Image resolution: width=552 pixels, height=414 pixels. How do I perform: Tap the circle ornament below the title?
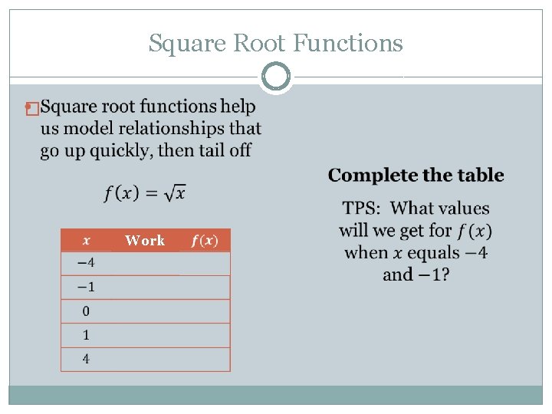[276, 77]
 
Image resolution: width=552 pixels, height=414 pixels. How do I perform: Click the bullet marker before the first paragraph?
[31, 109]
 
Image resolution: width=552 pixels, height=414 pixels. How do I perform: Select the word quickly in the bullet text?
[122, 149]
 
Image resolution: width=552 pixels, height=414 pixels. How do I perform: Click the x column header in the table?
[85, 240]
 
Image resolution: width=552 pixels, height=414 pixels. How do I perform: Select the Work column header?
[145, 240]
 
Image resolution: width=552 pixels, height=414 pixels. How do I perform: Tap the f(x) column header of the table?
[205, 240]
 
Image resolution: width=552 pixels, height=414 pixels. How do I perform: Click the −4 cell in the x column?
[86, 263]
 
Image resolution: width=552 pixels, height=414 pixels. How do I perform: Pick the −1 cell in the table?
[86, 287]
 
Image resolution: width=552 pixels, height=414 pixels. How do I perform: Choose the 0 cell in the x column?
[86, 310]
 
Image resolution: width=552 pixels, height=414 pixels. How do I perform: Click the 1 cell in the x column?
[86, 334]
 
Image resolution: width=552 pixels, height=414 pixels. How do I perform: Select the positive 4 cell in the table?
[86, 358]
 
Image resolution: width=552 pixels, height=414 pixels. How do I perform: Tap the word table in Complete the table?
[482, 176]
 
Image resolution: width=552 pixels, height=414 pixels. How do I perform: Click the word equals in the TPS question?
[433, 252]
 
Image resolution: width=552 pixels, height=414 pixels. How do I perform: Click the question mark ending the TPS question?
[445, 274]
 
